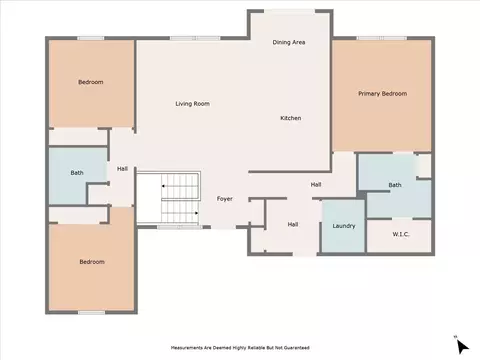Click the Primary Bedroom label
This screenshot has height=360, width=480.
382,94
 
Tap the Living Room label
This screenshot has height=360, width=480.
192,104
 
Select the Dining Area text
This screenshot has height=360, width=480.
289,42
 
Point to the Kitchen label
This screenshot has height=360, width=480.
291,118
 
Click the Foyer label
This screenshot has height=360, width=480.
224,199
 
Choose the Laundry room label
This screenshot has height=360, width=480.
344,226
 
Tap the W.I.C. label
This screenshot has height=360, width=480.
401,234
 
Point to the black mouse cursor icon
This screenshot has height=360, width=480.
462,346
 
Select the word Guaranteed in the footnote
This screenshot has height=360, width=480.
297,348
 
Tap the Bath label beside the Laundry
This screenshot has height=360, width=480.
395,185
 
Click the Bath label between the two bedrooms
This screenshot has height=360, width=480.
77,173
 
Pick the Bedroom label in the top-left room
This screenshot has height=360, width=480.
91,82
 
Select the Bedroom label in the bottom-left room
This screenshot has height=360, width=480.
92,262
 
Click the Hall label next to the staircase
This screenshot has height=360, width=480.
122,169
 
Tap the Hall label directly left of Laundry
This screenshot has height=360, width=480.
293,224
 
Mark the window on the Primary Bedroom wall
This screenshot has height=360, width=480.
382,38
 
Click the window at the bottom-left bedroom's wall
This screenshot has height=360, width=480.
91,312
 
